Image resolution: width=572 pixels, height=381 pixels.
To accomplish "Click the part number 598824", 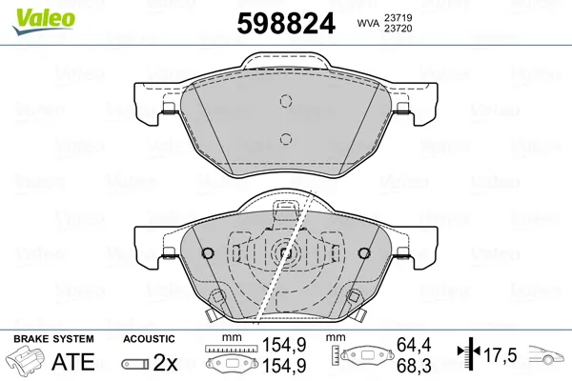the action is click(286, 23).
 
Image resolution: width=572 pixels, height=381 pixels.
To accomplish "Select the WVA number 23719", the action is click(398, 17).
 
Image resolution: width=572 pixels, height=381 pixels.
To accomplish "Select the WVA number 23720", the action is click(398, 29).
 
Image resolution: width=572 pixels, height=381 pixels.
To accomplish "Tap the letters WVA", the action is click(368, 23).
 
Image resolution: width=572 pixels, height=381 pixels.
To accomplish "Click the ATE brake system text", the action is click(73, 362).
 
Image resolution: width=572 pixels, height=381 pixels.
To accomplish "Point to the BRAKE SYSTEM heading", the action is click(53, 339).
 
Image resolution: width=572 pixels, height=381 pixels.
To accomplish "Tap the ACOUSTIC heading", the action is click(149, 339).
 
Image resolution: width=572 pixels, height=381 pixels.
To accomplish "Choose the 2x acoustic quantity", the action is click(165, 362).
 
